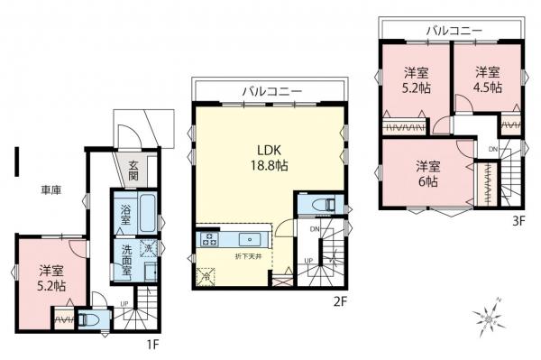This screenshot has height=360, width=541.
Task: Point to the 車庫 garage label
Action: (50, 189)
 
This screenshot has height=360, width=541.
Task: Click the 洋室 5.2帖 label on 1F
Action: (50, 276)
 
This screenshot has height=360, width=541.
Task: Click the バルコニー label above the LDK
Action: (271, 91)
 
